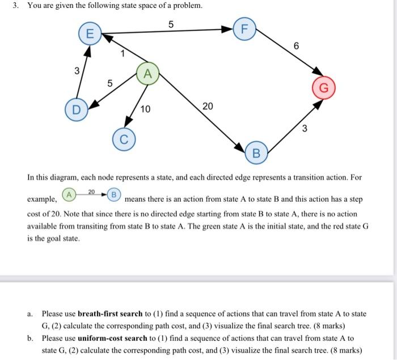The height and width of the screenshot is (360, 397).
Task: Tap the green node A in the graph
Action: [x=147, y=74]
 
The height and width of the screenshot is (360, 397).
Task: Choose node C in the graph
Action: [x=124, y=138]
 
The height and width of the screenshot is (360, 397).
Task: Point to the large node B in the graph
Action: [x=256, y=153]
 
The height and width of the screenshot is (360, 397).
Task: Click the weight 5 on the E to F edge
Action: [x=171, y=23]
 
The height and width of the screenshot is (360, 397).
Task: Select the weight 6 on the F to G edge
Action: [x=296, y=46]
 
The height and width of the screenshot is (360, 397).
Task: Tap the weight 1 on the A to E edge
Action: [x=121, y=54]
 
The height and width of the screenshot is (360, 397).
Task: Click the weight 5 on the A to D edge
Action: [x=111, y=83]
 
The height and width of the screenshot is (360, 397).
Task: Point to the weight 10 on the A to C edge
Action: [x=145, y=109]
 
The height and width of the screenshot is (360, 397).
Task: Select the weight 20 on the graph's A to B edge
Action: [x=208, y=107]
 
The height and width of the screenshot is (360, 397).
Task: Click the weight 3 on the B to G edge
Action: [x=305, y=128]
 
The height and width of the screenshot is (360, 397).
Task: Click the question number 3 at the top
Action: [x=15, y=6]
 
